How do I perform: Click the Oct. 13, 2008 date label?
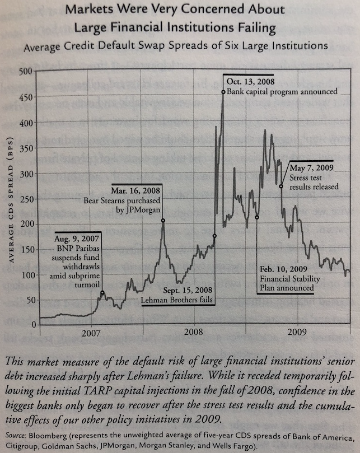point(249,79)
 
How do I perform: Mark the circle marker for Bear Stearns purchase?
point(163,220)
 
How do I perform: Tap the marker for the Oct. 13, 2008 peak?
point(223,92)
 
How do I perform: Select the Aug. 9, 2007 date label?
point(78,237)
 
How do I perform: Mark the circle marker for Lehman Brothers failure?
point(214,236)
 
